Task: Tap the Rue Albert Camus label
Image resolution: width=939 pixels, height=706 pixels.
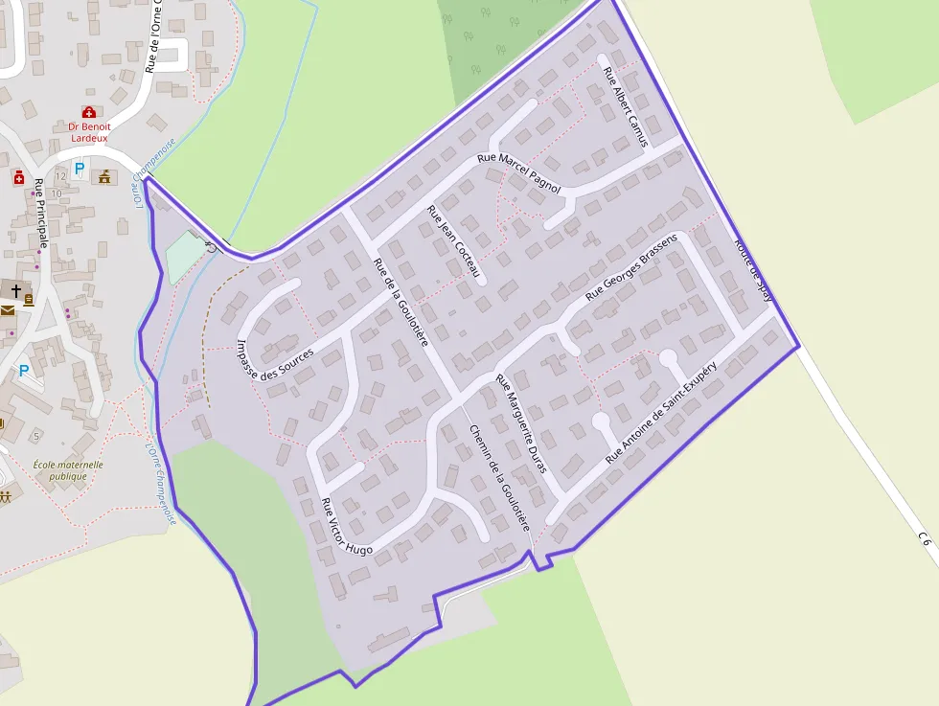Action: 625,107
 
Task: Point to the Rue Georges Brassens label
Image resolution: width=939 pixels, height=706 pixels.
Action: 631,267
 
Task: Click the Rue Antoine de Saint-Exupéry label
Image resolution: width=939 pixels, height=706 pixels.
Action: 661,415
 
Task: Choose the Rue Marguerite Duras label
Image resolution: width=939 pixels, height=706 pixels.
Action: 520,422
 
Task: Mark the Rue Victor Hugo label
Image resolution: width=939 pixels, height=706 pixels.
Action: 346,527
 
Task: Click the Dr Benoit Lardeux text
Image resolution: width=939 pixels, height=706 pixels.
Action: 89,132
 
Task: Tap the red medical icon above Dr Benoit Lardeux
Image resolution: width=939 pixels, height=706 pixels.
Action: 89,112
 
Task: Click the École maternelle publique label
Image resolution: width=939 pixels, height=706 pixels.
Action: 68,469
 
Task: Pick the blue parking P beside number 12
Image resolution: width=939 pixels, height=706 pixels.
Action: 79,169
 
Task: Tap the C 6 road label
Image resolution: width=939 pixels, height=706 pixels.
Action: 924,539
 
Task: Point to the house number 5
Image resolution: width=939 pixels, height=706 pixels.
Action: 36,436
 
